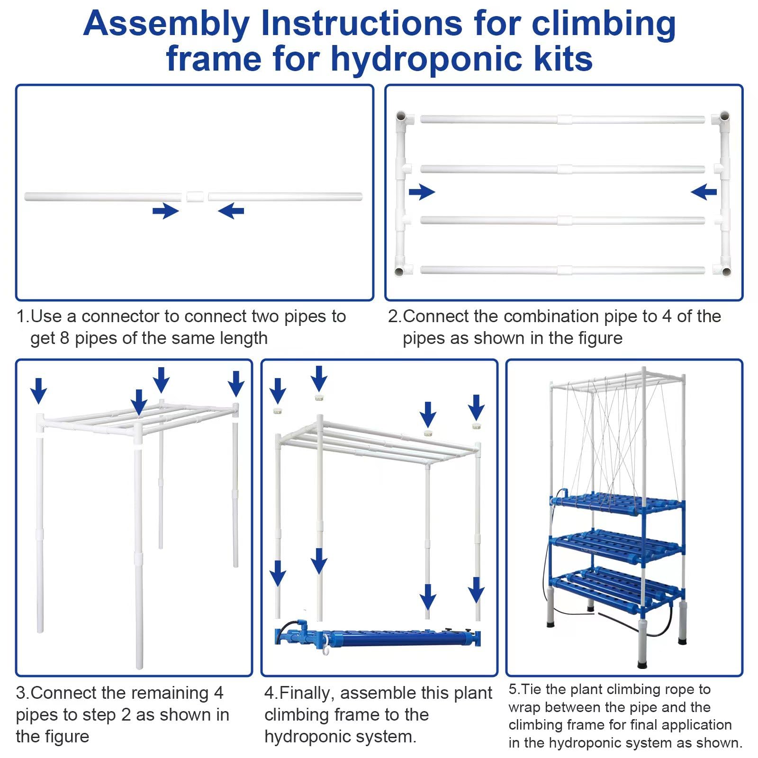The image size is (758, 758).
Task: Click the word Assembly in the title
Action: pos(166,24)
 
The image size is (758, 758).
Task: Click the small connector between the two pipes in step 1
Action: pos(195,197)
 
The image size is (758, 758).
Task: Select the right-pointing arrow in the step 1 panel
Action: pos(165,211)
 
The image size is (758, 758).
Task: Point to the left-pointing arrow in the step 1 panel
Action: pos(231,211)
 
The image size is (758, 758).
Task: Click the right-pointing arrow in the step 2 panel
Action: pos(422,192)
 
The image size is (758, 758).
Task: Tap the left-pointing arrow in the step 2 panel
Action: pos(704,192)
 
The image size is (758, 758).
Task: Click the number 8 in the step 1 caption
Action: pos(64,338)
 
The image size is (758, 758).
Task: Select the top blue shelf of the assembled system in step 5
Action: pos(616,503)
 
